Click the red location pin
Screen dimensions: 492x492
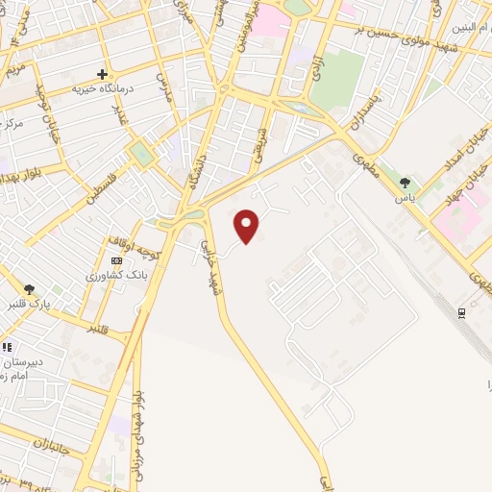(247, 227)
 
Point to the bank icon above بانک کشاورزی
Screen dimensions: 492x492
(116, 260)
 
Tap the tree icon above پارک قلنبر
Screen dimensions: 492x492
(30, 288)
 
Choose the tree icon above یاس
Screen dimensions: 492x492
(405, 183)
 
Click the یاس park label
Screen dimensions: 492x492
(406, 197)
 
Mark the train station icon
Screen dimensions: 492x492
(462, 312)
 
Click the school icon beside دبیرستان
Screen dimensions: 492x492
(7, 348)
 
